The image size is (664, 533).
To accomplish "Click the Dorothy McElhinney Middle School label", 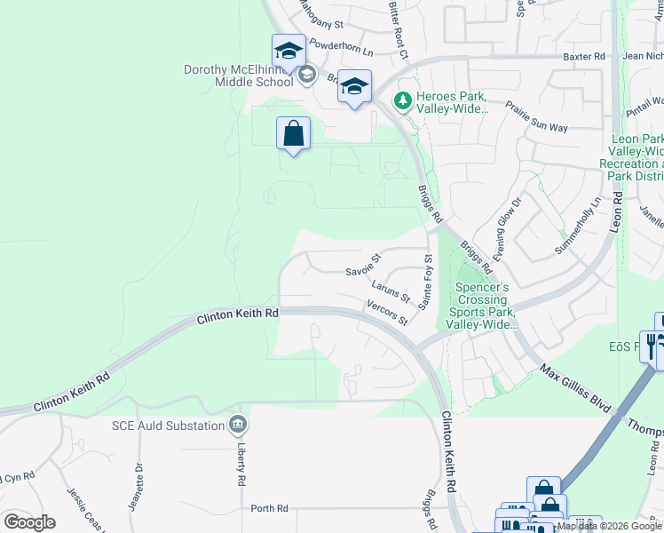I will [x=238, y=76].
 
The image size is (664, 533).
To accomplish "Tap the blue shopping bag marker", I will [x=293, y=135].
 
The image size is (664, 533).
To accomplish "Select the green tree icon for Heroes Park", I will [x=403, y=101].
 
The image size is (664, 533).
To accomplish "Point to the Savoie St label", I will [x=363, y=264].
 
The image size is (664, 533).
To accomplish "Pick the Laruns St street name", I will [x=391, y=290].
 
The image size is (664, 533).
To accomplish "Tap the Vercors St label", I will [x=386, y=312].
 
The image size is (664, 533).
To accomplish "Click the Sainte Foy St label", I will [x=426, y=282].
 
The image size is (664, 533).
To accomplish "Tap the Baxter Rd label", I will [x=584, y=56].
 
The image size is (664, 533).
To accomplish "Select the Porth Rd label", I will [x=269, y=508].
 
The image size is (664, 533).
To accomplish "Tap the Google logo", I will [x=29, y=521].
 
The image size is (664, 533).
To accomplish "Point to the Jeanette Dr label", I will [x=138, y=476].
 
